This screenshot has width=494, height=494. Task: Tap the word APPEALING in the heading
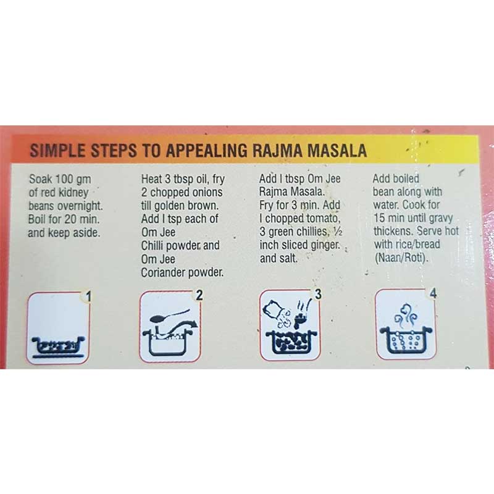coord(207,150)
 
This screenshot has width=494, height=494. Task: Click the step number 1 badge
coord(88,296)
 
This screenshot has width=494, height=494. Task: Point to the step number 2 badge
coord(199,296)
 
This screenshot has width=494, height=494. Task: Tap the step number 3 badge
coord(318,295)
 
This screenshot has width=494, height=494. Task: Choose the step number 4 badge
coord(433,293)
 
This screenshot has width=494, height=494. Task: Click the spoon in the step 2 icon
coord(170,316)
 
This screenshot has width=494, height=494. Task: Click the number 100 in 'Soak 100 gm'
coord(65,179)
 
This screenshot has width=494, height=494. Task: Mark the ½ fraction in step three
coord(338,232)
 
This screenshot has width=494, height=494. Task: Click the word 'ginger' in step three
coord(325,245)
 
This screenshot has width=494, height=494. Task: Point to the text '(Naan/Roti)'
coord(401,258)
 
